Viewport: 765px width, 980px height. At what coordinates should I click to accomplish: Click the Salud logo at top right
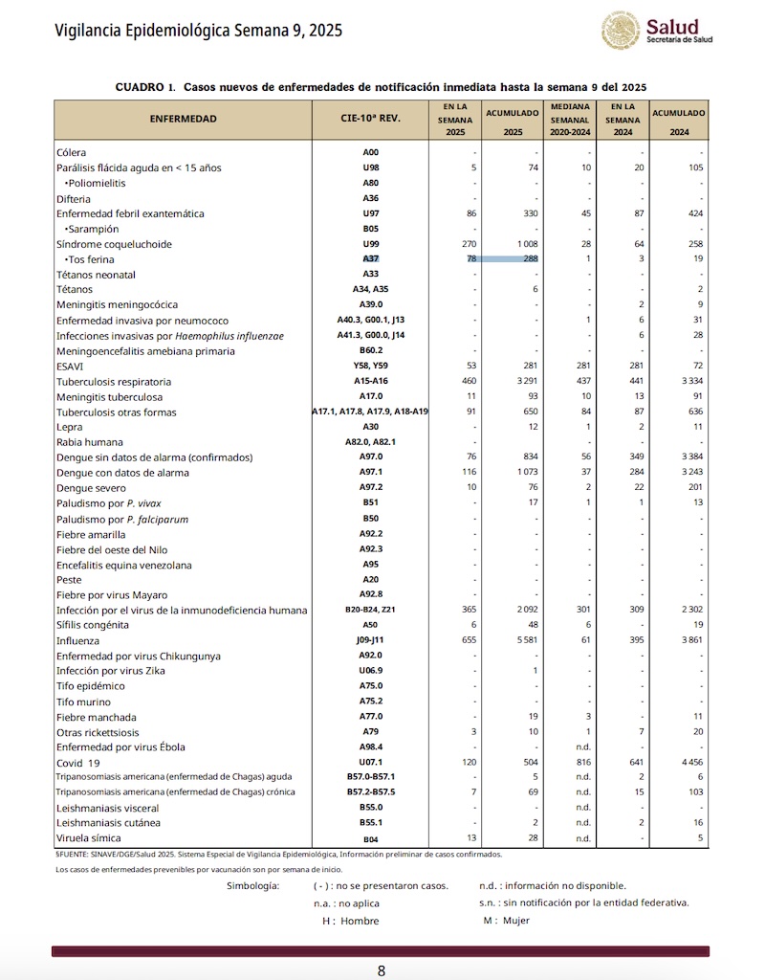point(656,31)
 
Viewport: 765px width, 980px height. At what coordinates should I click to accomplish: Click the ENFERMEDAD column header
point(183,120)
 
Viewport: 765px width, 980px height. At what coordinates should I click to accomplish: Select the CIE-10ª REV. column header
point(370,120)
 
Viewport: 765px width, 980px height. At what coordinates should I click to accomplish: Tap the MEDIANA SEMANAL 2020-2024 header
point(571,120)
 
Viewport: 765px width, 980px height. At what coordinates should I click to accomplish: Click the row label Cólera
point(72,152)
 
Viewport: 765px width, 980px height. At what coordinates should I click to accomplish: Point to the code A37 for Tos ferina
point(371,259)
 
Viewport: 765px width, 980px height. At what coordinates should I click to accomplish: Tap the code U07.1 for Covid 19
point(371,763)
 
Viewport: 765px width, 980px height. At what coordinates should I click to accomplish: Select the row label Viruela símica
point(89,838)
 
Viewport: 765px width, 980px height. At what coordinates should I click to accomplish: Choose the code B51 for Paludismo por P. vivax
point(371,503)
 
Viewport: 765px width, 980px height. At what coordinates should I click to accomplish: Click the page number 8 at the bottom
point(382,970)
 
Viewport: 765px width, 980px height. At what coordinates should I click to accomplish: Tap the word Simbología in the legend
point(252,886)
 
